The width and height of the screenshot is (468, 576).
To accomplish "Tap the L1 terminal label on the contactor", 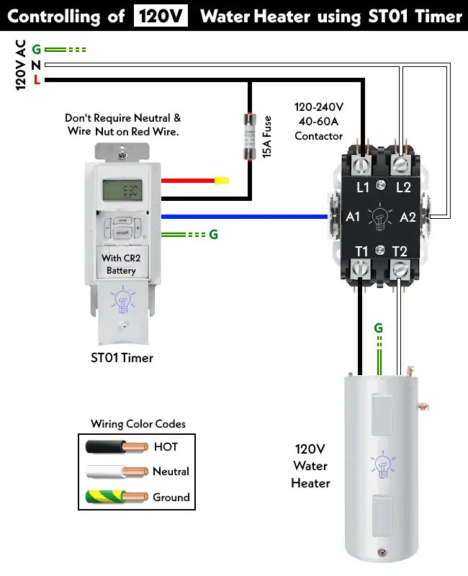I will [x=363, y=188].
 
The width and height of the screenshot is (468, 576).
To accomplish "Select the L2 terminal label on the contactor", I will [x=403, y=188].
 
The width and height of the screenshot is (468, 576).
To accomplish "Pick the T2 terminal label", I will [x=400, y=251].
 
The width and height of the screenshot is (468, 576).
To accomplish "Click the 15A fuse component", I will [x=251, y=136].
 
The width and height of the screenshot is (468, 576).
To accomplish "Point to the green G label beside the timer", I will [x=213, y=235].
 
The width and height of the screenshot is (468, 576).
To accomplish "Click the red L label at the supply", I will [x=36, y=79].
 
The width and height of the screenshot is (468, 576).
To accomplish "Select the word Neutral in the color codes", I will [x=171, y=472].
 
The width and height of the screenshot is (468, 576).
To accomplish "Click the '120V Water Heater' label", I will [x=310, y=466].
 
